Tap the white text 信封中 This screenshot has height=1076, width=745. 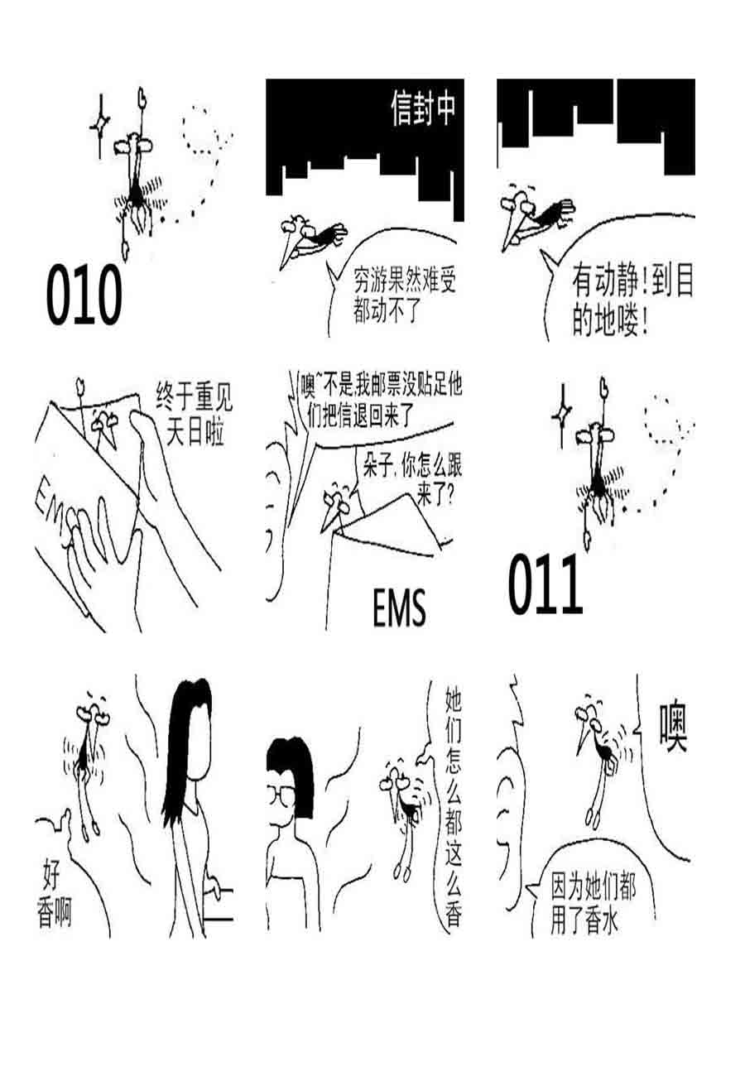coord(423,109)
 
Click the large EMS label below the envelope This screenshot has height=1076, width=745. coord(399,610)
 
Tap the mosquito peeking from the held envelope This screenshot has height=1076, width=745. coord(106,424)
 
